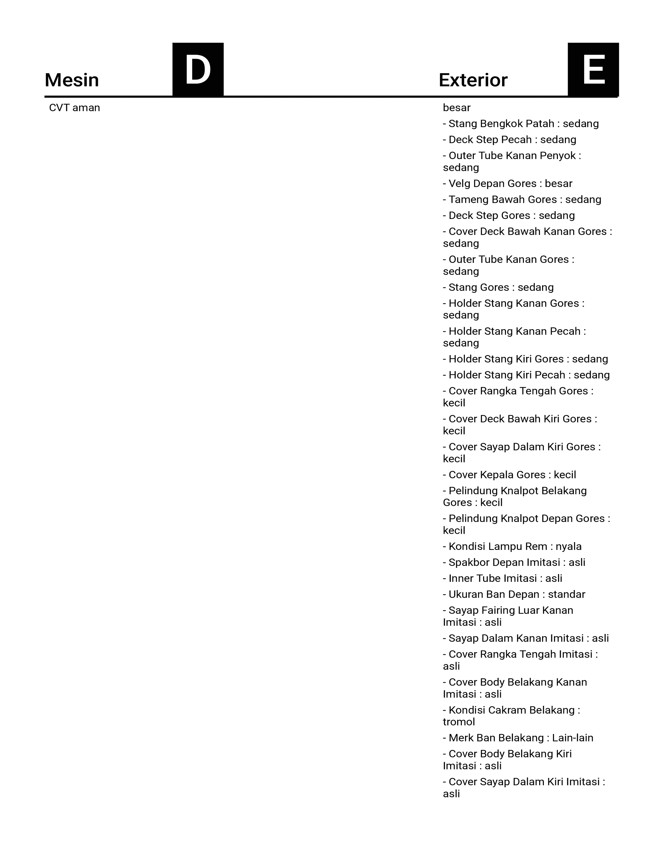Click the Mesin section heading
(x=72, y=80)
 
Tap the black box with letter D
(x=198, y=70)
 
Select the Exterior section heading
(x=473, y=80)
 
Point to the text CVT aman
(x=75, y=108)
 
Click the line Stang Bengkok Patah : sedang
(x=521, y=124)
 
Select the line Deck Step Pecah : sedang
(x=509, y=140)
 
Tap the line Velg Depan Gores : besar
(x=508, y=184)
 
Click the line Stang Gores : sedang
(x=498, y=288)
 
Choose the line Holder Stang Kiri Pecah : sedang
(x=526, y=376)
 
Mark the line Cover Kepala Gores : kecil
(x=509, y=475)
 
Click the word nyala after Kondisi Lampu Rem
(x=569, y=547)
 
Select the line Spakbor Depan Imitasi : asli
(x=514, y=563)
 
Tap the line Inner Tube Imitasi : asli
(x=502, y=579)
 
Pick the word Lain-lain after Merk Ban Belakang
(x=573, y=738)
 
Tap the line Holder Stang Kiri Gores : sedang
(x=525, y=360)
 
